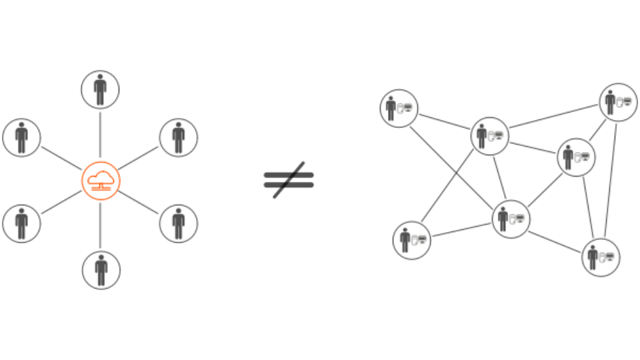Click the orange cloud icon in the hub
click(x=101, y=179)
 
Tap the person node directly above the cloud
click(x=100, y=89)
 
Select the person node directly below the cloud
click(x=101, y=270)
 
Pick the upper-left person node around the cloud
click(x=22, y=137)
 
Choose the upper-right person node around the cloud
click(x=179, y=137)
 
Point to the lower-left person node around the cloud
click(x=22, y=223)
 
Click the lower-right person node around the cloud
click(x=179, y=223)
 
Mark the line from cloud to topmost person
click(x=100, y=133)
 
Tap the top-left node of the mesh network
click(x=399, y=108)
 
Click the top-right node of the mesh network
click(x=618, y=102)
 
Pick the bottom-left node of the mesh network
click(x=412, y=240)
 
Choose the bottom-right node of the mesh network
click(x=601, y=257)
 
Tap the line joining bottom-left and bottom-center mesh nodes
click(x=461, y=229)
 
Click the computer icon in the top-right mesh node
click(x=627, y=102)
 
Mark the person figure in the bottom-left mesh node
click(x=405, y=239)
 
